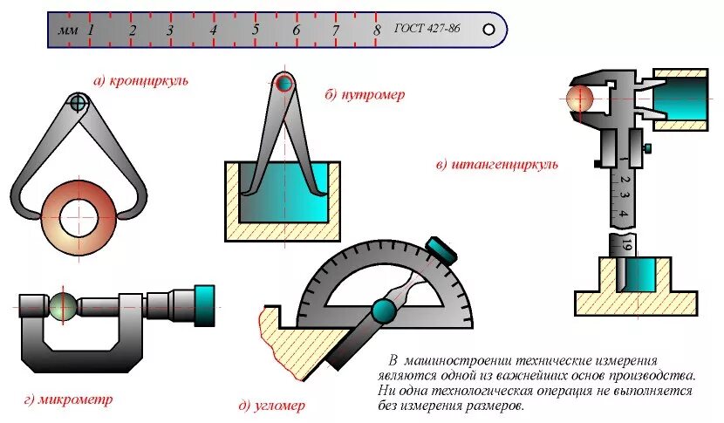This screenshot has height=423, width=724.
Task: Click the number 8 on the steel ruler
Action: tap(377, 30)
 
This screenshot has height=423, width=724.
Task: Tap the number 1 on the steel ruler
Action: tap(91, 30)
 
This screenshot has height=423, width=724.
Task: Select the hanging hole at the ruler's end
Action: tap(489, 29)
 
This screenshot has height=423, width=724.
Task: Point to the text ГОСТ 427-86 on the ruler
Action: tap(427, 29)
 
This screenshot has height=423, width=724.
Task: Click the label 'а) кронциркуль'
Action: tap(141, 81)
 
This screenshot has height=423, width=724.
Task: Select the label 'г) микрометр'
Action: tap(69, 399)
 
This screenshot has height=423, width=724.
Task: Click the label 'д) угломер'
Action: tap(271, 406)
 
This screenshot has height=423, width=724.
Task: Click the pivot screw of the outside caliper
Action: tap(79, 103)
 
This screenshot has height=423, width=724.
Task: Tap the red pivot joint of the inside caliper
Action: tap(283, 85)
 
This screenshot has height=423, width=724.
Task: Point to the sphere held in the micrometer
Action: tap(63, 306)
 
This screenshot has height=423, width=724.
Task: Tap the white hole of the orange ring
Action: tap(79, 215)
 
